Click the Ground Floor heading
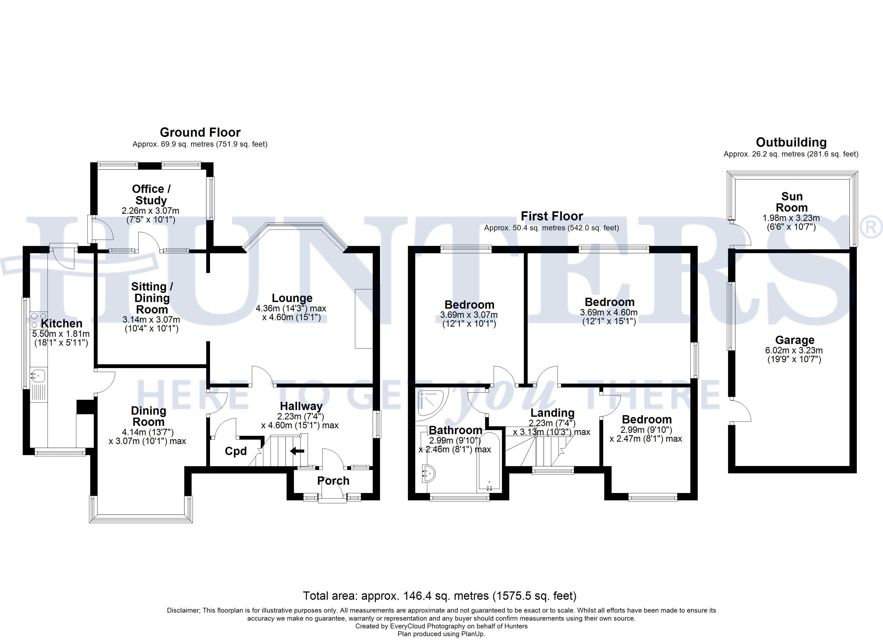tap(200, 132)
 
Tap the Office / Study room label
tap(151, 194)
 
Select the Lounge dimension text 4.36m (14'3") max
tap(291, 309)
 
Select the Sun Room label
tap(791, 202)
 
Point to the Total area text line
tap(440, 596)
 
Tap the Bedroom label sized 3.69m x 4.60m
tap(609, 302)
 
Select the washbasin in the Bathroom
tap(428, 473)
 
